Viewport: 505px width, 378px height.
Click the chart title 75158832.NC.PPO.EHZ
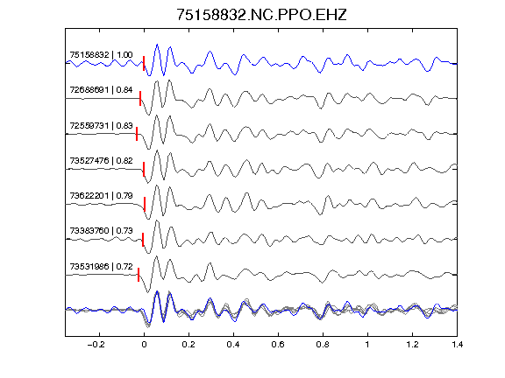261,15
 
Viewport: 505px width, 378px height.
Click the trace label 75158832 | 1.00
101,55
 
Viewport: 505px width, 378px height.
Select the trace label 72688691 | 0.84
101,89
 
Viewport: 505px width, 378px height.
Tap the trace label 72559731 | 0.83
101,125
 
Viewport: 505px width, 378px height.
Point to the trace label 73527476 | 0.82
101,160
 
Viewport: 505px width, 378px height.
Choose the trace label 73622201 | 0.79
101,195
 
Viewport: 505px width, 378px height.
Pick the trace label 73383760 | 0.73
101,231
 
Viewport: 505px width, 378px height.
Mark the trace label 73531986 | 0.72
101,267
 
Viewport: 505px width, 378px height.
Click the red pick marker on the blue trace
144,63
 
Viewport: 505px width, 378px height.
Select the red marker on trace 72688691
140,98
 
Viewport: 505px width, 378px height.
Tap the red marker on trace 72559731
137,134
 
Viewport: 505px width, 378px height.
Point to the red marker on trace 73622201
145,204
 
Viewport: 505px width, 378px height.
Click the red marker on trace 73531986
139,275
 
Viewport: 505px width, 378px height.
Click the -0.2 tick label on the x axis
96,345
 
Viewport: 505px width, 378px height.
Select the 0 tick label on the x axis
144,345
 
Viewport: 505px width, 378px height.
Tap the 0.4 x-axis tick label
233,345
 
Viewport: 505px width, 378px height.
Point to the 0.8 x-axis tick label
323,345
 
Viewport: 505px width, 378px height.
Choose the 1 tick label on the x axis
367,345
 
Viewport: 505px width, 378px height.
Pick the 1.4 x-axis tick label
457,345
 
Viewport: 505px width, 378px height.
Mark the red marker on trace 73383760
143,240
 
